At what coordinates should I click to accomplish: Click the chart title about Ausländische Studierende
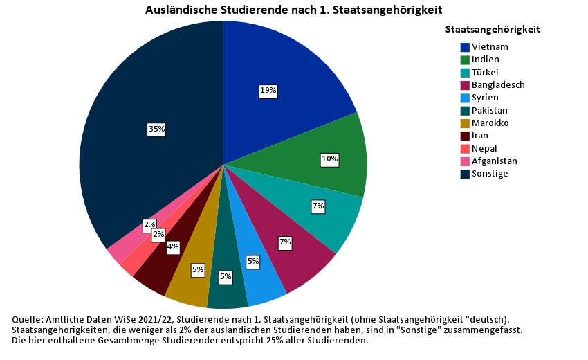click(x=293, y=10)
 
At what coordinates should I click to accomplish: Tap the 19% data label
click(x=268, y=90)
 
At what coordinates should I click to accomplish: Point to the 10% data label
click(x=329, y=159)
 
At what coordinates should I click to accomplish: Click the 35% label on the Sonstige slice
click(x=156, y=129)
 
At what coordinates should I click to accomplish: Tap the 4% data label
click(x=172, y=246)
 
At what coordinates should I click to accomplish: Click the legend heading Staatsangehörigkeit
click(x=493, y=30)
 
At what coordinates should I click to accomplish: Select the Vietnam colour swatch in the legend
click(x=466, y=47)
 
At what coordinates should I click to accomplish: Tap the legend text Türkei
click(x=485, y=72)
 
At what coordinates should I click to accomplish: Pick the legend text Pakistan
click(x=490, y=110)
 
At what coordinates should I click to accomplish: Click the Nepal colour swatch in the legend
click(x=466, y=148)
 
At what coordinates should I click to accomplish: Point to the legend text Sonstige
click(x=490, y=173)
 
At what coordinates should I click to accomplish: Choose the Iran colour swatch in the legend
click(x=466, y=136)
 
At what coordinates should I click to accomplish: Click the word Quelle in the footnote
click(x=28, y=319)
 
